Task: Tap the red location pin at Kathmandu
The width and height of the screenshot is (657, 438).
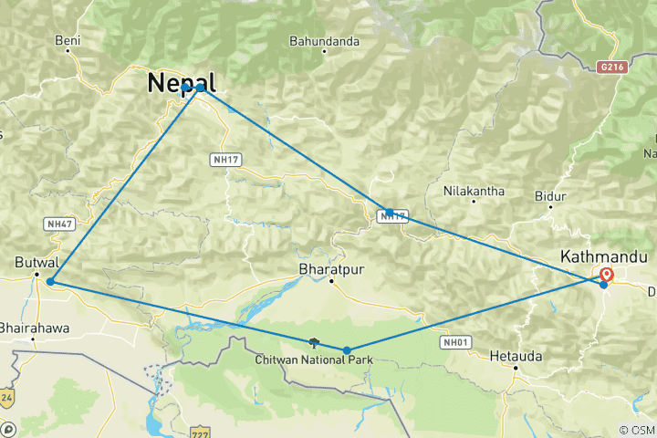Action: (x=607, y=275)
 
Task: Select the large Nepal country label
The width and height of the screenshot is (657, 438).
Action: (x=182, y=83)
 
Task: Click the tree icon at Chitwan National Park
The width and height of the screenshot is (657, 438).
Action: (x=315, y=342)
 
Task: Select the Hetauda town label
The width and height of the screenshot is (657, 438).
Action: (x=516, y=355)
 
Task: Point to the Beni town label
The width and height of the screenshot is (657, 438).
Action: (x=68, y=40)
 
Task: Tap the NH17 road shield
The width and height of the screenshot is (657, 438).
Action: (x=228, y=160)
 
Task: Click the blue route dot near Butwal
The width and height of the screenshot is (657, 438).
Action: (x=50, y=282)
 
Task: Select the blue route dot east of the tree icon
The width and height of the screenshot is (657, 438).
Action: (x=347, y=349)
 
